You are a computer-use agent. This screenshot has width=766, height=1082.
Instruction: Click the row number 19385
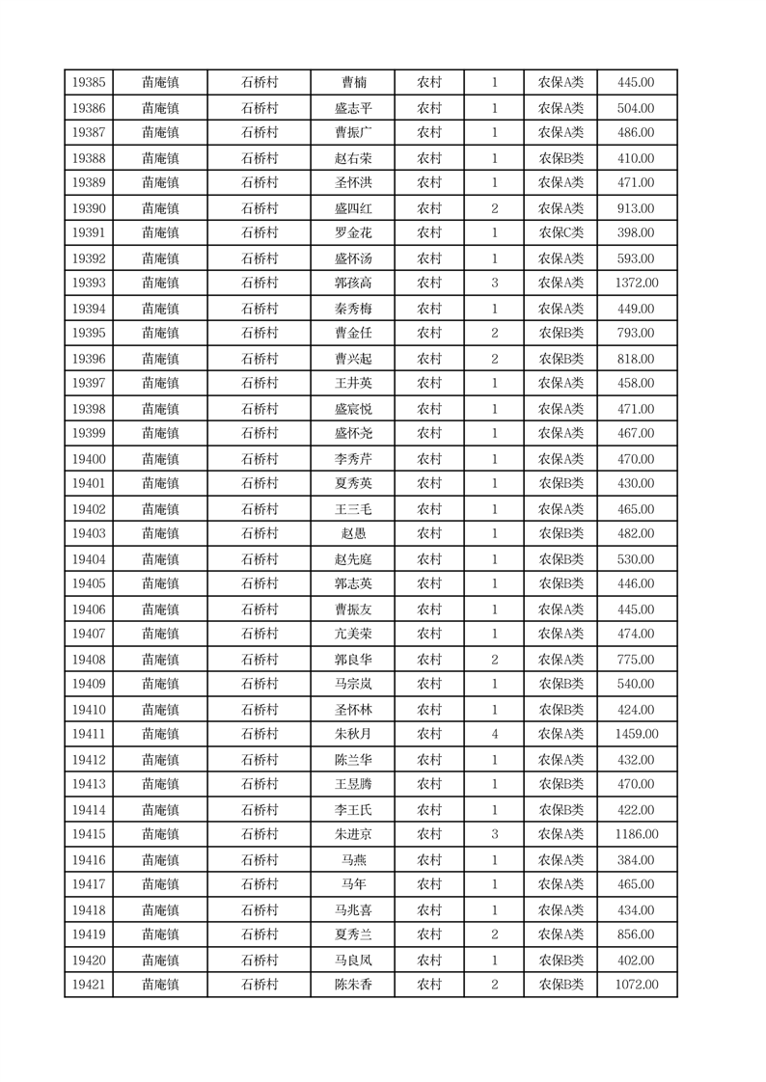coord(89,83)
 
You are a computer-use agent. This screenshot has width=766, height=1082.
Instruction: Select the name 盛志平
coord(352,108)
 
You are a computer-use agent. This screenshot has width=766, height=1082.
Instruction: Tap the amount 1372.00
coord(636,284)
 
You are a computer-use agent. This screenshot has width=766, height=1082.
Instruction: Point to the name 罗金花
coord(352,233)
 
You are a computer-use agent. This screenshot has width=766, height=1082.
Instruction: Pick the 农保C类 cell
coord(561,233)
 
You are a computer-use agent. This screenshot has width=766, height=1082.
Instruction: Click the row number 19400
coord(89,459)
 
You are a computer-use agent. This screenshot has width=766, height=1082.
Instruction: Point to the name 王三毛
coord(352,509)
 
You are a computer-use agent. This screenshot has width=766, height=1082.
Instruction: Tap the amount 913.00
coord(636,208)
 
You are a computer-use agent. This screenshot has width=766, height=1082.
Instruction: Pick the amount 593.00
coord(636,258)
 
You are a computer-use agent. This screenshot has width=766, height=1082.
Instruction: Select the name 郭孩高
coord(352,284)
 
